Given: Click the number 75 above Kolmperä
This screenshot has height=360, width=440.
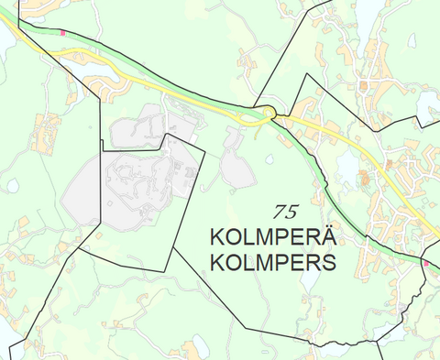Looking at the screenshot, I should pyautogui.click(x=285, y=212).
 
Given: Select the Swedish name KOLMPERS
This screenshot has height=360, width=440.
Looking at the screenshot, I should pyautogui.click(x=273, y=264).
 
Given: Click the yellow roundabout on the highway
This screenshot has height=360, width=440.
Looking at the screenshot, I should pyautogui.click(x=267, y=113).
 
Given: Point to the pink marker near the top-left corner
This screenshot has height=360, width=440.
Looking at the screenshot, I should pyautogui.click(x=62, y=32).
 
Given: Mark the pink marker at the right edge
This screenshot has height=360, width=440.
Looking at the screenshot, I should pyautogui.click(x=426, y=264).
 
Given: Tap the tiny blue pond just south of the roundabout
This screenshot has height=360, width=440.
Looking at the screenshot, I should pyautogui.click(x=269, y=158).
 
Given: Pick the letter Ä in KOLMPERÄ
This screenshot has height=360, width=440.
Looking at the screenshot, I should pyautogui.click(x=326, y=236).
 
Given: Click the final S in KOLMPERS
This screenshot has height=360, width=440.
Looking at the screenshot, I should pyautogui.click(x=327, y=264).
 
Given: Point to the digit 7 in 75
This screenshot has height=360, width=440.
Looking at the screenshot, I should pyautogui.click(x=279, y=212).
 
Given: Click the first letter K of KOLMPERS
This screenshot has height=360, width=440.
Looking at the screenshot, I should pyautogui.click(x=218, y=264).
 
